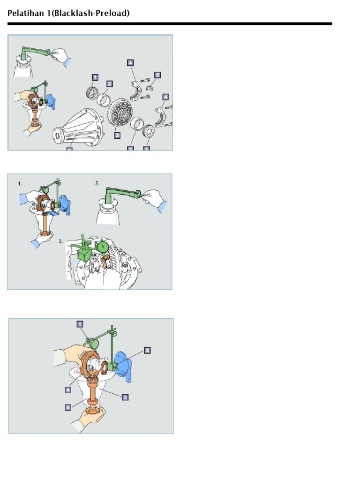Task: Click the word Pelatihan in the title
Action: point(26,13)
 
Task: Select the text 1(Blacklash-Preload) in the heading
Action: point(88,13)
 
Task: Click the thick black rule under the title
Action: point(170,24)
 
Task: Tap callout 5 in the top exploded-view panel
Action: point(157,75)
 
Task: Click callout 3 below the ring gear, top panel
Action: point(117,135)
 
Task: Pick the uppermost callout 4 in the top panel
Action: point(130,63)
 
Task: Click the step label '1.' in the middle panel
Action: point(20,184)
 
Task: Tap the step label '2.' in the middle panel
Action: point(97,183)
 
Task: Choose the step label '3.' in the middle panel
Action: point(61,241)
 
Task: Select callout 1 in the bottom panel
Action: point(80,324)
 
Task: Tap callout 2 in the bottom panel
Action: point(147,350)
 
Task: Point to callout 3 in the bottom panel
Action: point(125,397)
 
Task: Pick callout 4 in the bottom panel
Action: point(68,390)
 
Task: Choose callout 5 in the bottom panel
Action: point(68,407)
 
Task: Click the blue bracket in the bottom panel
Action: point(124,366)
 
